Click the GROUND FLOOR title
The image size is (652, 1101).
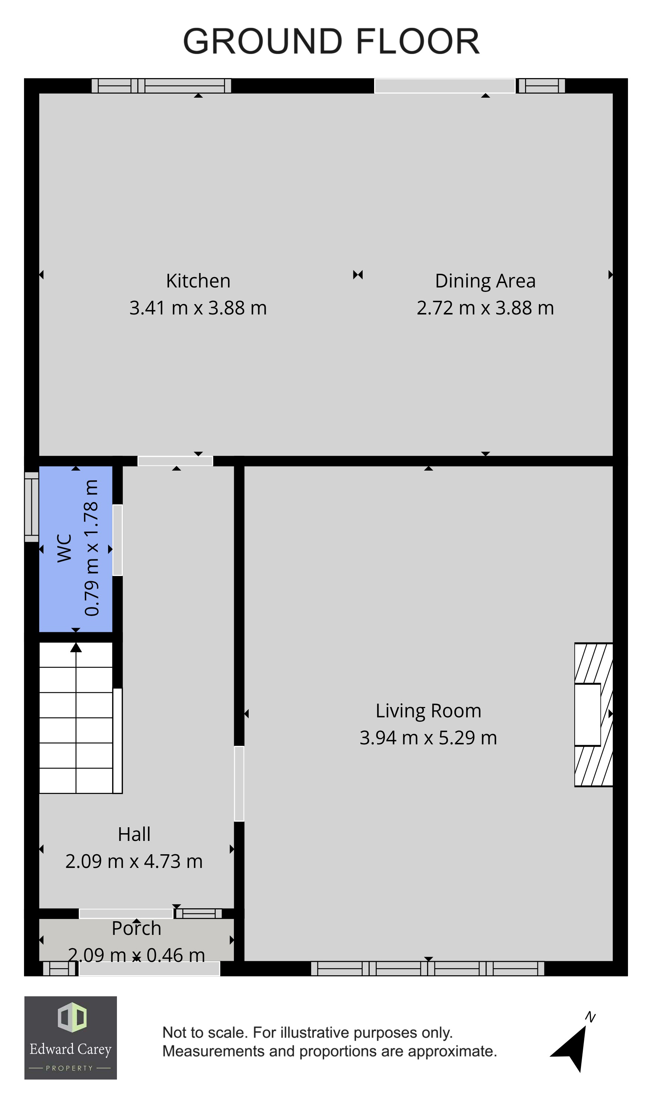tap(331, 41)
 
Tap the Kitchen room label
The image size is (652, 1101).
tap(198, 281)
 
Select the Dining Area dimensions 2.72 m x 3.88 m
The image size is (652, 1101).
tap(485, 308)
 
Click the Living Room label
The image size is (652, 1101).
tap(428, 711)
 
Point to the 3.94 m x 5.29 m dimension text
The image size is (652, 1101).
tap(428, 738)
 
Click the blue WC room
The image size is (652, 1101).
tap(75, 549)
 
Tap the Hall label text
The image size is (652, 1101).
tap(134, 834)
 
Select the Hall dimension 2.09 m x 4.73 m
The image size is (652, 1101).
tap(134, 861)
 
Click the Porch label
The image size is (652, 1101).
tap(136, 928)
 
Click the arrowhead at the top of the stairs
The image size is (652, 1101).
tap(76, 647)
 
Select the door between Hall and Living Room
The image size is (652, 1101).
tap(239, 784)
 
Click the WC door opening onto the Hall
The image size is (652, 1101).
tap(118, 540)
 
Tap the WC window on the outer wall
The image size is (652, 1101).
tap(31, 507)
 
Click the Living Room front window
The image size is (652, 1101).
tap(427, 969)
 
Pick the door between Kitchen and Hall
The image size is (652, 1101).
tap(175, 461)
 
